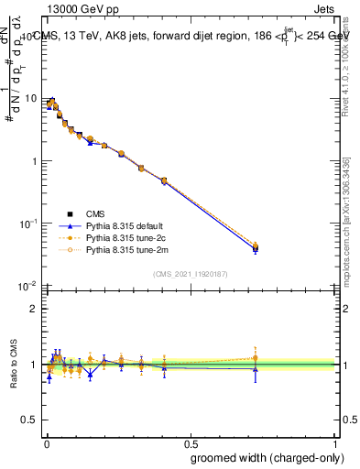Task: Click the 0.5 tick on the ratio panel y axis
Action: pos(30,393)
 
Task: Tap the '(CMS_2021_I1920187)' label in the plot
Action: pos(191,273)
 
